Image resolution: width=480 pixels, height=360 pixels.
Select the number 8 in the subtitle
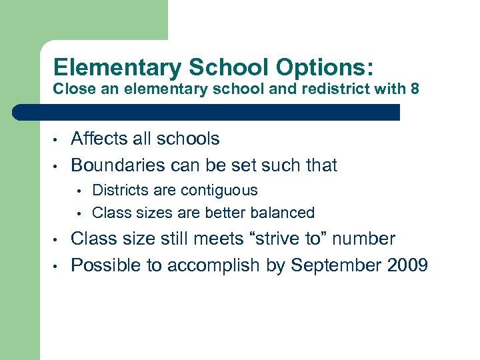[x=415, y=89]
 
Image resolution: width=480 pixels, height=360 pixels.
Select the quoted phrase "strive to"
[x=290, y=239]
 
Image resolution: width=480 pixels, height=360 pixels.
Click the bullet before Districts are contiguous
[x=79, y=191]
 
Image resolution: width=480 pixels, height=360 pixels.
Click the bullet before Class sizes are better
[x=79, y=214]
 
